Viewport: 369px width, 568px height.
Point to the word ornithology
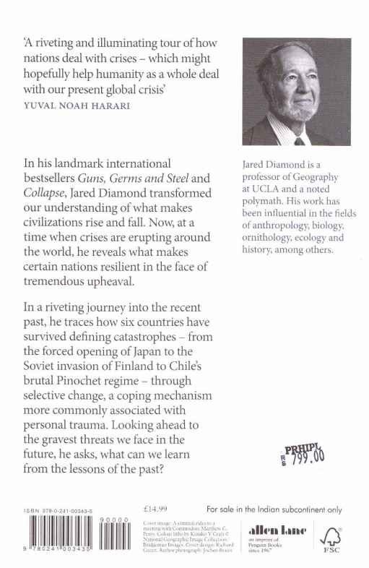click(x=271, y=237)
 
